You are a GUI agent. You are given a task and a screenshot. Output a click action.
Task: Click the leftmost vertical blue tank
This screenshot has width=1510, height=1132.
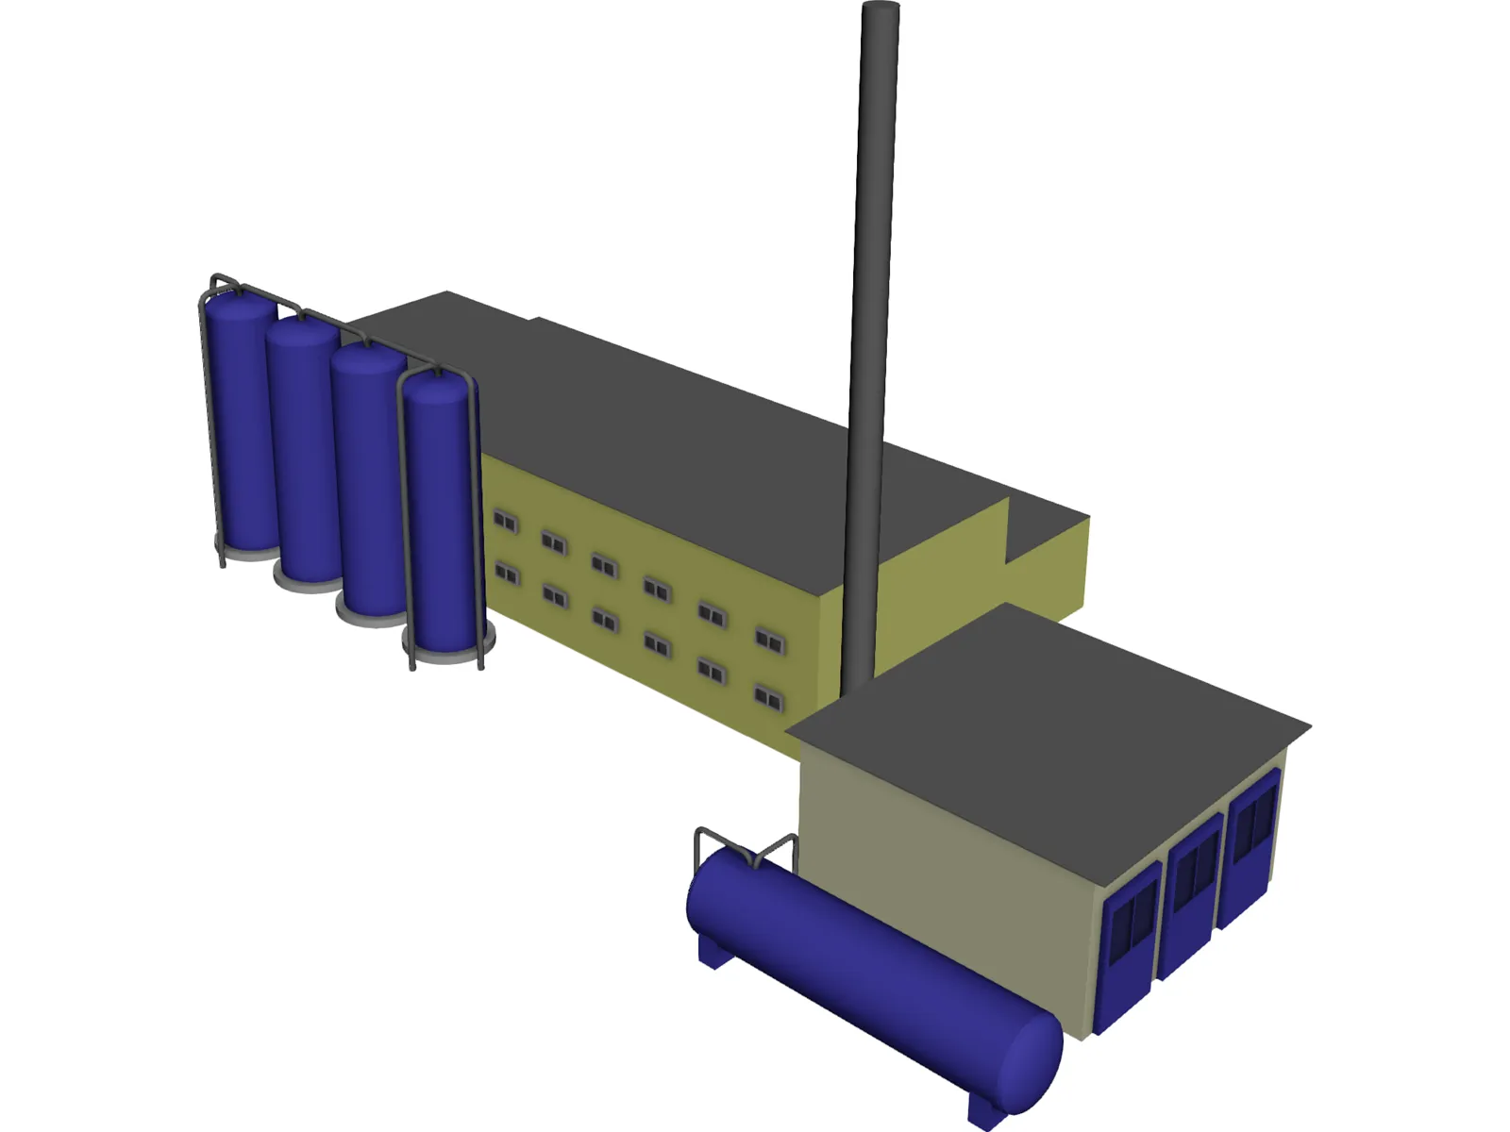click(x=241, y=424)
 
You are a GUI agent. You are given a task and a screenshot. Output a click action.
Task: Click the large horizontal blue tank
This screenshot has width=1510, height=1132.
click(x=849, y=953)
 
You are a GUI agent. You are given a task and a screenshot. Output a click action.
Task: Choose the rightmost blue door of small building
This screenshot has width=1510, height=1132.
click(x=1250, y=844)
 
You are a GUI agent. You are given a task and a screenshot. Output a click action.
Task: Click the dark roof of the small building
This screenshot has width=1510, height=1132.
click(x=1048, y=717)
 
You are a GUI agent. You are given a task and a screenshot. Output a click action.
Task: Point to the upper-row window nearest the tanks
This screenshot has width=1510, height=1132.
click(x=505, y=521)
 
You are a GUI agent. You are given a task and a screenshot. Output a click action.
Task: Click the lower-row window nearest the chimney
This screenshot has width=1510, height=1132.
click(x=768, y=698)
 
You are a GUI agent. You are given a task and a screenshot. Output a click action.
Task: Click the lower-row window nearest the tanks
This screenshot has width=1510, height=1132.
click(x=506, y=574)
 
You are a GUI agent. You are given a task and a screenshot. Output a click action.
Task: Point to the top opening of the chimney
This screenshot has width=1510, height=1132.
click(x=881, y=8)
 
